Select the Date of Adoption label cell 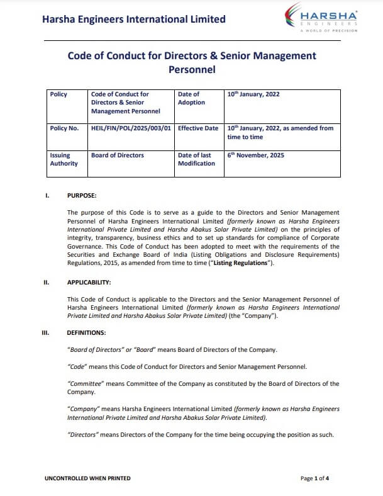[191, 98]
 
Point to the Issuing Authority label [64, 159]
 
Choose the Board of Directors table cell [118, 155]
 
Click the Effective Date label [198, 128]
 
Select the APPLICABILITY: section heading [89, 283]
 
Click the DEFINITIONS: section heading [87, 332]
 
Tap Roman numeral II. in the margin [47, 283]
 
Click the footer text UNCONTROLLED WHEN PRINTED [87, 478]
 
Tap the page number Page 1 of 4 [315, 478]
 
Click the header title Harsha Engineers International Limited [133, 19]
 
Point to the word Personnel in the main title [192, 70]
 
